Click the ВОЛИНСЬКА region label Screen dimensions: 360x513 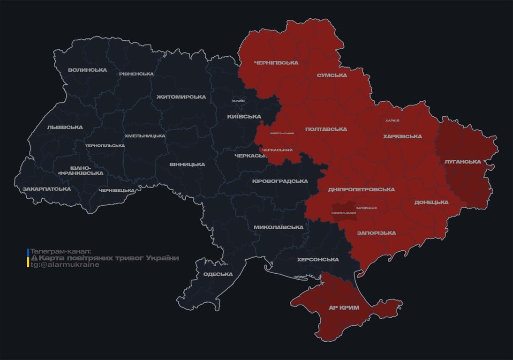(87, 70)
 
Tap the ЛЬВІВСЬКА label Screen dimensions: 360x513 (65, 127)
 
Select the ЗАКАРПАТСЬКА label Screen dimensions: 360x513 (47, 189)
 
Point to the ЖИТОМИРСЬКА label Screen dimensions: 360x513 (181, 97)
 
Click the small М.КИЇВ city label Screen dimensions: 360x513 (238, 101)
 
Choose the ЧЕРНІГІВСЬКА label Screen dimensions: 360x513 (276, 63)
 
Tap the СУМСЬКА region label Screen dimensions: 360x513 (332, 75)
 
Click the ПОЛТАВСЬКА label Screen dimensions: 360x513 (326, 129)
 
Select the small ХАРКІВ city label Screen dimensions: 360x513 (392, 120)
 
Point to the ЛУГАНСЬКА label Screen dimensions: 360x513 (463, 162)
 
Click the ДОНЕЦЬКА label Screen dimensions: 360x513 (431, 202)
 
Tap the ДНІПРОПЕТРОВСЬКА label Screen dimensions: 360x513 (361, 190)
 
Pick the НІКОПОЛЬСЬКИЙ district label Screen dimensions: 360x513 (344, 213)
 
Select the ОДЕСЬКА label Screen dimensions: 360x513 (218, 274)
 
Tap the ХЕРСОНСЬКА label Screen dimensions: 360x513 (318, 260)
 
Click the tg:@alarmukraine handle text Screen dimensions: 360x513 (65, 265)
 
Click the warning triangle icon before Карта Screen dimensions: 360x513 (34, 258)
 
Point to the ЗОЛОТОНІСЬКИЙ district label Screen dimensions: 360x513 (282, 133)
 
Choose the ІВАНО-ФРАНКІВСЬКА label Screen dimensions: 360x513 (81, 170)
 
